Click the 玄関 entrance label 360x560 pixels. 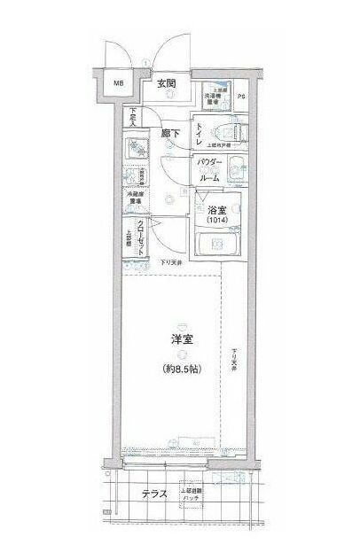(x=167, y=84)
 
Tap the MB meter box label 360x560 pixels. (x=117, y=85)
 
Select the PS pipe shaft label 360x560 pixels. (x=241, y=97)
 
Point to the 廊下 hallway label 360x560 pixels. (x=171, y=134)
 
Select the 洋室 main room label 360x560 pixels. (x=182, y=338)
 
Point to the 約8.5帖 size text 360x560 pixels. (x=182, y=368)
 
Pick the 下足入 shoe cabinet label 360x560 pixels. (x=133, y=115)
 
